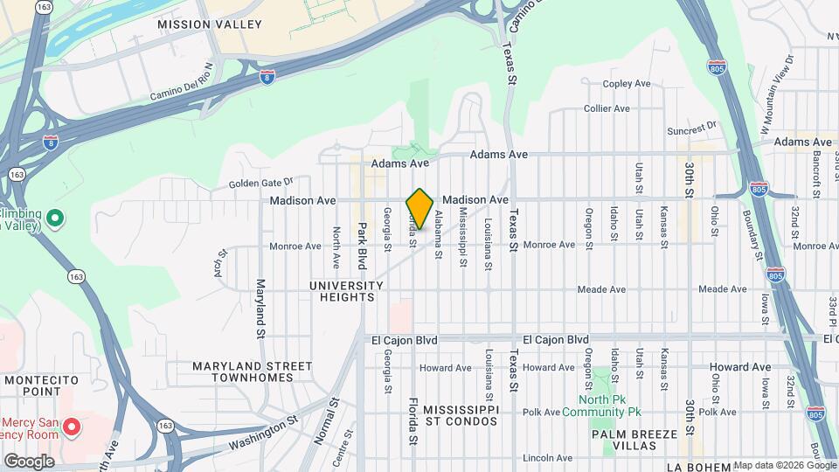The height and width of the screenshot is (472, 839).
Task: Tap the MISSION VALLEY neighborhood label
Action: click(210, 24)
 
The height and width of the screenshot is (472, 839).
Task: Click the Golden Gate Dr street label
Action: click(260, 184)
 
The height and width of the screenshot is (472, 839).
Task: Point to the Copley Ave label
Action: click(628, 84)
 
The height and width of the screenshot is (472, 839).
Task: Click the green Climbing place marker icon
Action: click(54, 217)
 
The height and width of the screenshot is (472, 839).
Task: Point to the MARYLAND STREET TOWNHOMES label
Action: click(253, 371)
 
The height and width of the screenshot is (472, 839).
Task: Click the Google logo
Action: click(29, 461)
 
